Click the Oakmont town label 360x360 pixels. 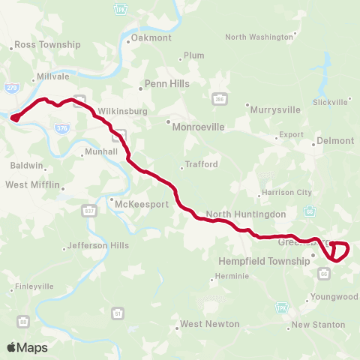point(151,37)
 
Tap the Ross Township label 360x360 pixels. point(47,45)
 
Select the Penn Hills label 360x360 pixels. point(166,84)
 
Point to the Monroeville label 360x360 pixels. point(198,127)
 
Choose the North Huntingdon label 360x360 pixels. point(246,214)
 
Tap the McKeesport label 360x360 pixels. point(134,203)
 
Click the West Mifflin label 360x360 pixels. point(32,184)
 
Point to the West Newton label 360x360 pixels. point(209,324)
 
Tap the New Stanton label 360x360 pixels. point(318,325)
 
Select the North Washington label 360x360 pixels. point(259,37)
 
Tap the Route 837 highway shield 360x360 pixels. point(89,208)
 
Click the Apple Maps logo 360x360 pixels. point(27,347)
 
